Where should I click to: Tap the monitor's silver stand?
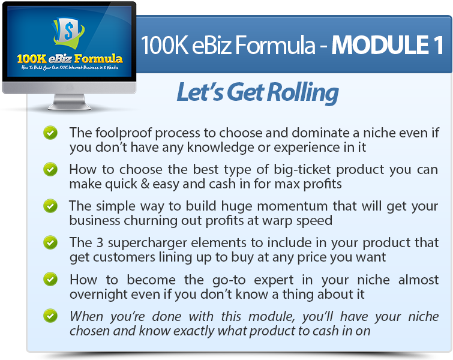[x=70, y=102]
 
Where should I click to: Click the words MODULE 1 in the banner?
[x=387, y=45]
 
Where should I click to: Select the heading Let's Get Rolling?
[x=257, y=92]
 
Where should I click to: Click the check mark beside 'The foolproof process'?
[x=50, y=133]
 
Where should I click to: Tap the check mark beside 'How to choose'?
[x=50, y=169]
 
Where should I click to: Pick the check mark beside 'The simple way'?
[x=50, y=206]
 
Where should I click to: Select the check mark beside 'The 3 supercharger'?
[x=50, y=242]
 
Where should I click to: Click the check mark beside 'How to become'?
[x=50, y=280]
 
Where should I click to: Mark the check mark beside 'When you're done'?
[x=50, y=316]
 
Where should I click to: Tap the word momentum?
[x=292, y=206]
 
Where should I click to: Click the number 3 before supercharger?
[x=100, y=242]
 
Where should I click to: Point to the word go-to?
[x=229, y=280]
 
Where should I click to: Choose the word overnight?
[x=98, y=295]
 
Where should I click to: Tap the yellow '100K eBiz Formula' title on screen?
[x=70, y=59]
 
